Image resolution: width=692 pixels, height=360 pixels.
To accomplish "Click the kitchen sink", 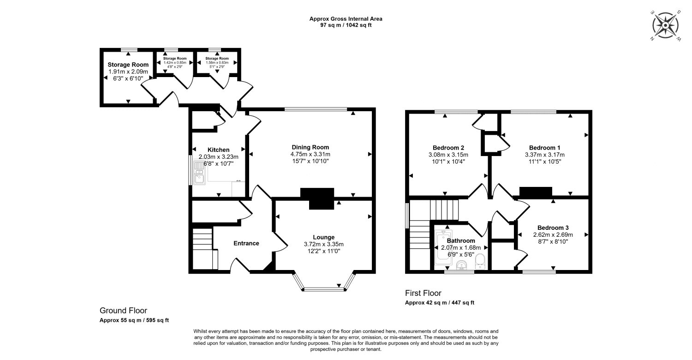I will tap(200, 177).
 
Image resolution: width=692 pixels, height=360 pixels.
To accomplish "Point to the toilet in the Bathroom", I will tap(480, 261).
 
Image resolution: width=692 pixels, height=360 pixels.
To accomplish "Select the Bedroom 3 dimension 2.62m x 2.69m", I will tap(553, 234).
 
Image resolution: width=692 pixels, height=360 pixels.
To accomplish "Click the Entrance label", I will tap(246, 243).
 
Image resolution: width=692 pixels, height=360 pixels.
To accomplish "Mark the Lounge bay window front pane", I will tap(324, 289).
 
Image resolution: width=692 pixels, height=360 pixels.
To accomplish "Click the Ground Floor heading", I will tap(123, 311).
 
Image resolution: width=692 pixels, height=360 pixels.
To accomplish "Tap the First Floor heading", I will tap(423, 293).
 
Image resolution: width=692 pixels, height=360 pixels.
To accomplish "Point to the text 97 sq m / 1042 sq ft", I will tap(346, 25).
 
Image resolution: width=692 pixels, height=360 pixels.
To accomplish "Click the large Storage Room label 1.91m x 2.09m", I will tap(128, 72).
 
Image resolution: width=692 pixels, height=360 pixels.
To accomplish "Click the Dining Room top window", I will tap(316, 109).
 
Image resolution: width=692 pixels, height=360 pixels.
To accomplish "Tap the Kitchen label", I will tap(218, 150).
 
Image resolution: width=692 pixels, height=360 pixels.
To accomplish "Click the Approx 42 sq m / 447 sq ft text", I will tap(439, 303).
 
